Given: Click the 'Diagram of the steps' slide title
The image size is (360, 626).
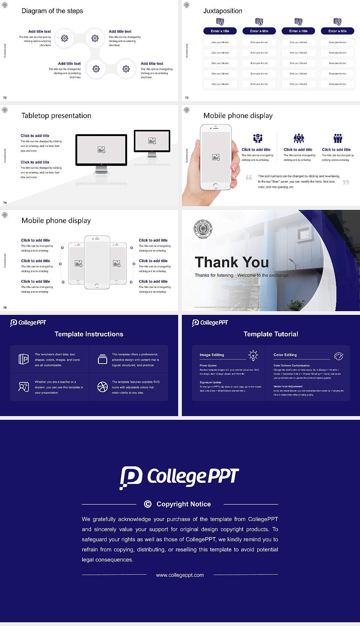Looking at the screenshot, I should coord(52,11).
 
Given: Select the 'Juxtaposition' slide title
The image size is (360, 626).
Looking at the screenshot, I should coord(222,11).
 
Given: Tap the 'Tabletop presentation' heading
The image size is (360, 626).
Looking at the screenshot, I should coord(56,115).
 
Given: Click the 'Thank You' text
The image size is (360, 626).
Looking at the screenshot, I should coord(231,262).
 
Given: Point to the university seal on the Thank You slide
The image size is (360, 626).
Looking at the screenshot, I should coord(203,229).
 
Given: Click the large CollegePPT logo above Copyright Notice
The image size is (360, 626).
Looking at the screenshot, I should coord(180,477).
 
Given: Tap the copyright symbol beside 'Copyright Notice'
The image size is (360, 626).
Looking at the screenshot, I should coord(148,504).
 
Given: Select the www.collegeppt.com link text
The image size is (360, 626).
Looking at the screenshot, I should coord(180,575).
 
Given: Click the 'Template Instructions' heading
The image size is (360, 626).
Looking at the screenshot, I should coord(89,334).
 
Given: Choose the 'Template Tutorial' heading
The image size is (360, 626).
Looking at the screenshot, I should coord(271,334).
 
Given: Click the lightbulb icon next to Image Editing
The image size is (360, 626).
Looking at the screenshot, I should coord(253,355).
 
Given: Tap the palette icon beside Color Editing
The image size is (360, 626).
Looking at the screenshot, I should coord(338,356).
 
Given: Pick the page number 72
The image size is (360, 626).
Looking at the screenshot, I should coord(5,97).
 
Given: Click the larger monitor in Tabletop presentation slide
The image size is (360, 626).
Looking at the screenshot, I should coord(101,150).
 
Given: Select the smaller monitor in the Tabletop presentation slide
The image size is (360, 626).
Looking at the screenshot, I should coord(152,141).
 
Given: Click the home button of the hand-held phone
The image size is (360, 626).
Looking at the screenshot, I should coord(215,186).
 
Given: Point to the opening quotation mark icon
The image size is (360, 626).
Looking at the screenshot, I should coord(249,177).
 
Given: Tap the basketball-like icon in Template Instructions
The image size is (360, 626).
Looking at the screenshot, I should coord(102,387).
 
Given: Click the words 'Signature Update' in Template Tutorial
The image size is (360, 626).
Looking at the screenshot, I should coord(210,382).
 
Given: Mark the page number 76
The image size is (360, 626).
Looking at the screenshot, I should coord(5,307).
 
